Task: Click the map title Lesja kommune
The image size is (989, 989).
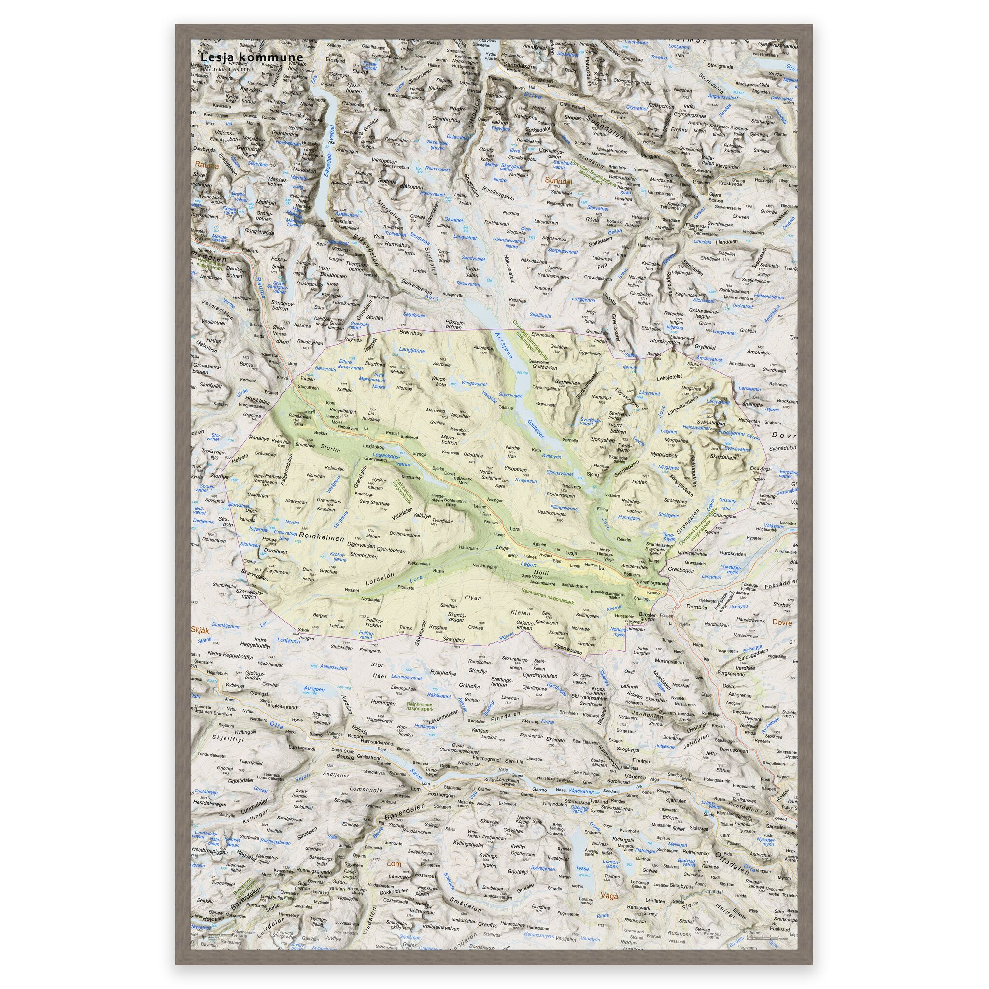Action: tap(252, 58)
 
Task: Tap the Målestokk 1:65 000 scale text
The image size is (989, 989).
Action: tap(225, 69)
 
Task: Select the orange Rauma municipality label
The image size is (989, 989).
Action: tap(206, 166)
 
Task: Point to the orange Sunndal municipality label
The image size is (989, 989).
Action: tap(557, 180)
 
